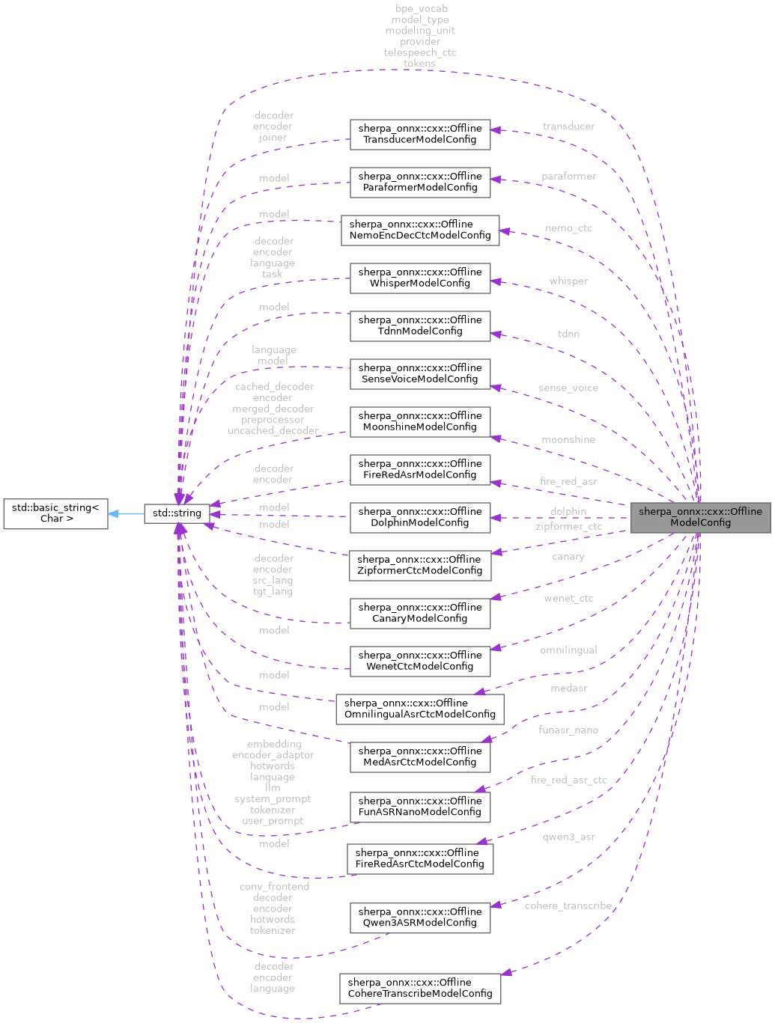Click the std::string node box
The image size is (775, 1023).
(177, 513)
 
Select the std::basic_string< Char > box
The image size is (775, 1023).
(55, 513)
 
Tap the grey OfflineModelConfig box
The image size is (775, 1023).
(700, 517)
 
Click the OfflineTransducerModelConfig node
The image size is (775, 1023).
(420, 134)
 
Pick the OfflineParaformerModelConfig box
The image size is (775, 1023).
(420, 182)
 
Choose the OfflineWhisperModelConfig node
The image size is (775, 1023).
(420, 278)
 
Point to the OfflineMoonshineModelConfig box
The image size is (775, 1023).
(420, 421)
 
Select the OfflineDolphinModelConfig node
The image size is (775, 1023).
(420, 517)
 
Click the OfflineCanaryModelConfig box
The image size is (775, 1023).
(420, 613)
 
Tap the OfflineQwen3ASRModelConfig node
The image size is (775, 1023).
(420, 917)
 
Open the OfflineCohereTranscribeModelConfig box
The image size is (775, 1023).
(420, 988)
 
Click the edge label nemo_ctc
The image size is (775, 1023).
(568, 228)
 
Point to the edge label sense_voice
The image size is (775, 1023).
(568, 388)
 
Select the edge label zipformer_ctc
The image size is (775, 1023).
(568, 527)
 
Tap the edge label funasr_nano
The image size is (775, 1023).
(568, 730)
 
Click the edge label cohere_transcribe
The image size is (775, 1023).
(568, 906)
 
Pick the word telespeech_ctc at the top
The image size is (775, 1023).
(420, 52)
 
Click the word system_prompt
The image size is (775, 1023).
(273, 799)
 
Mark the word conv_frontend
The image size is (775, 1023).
(274, 887)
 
